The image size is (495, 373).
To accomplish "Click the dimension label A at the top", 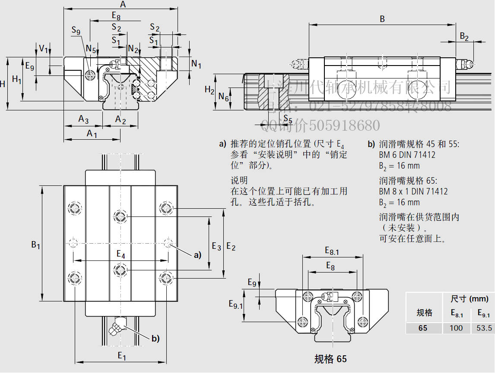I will (x=123, y=5).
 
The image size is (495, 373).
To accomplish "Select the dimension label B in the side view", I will (x=382, y=19).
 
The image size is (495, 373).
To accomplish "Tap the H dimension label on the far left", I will (x=3, y=84).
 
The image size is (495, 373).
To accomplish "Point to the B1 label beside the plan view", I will (x=35, y=245).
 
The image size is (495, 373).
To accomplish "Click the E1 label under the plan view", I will (x=122, y=356).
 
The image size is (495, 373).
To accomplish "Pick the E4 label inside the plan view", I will (x=121, y=254).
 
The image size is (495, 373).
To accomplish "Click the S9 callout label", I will (x=76, y=31).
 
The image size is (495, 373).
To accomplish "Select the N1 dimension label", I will (x=197, y=64).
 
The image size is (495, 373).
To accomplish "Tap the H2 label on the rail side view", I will (x=209, y=90).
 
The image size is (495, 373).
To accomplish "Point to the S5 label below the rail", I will (x=288, y=119).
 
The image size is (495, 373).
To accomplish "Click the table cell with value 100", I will (x=456, y=328).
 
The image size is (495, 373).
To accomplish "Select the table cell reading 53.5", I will (x=484, y=328).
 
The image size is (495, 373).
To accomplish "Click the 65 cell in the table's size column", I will (x=423, y=328).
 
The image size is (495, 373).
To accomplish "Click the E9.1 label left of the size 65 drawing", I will (x=235, y=304).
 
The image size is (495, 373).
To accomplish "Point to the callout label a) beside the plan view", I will (x=197, y=255).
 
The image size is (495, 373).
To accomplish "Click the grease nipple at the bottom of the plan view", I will (x=117, y=325).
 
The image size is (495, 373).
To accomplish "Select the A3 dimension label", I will (x=83, y=119).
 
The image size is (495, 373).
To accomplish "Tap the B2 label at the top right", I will (x=464, y=37).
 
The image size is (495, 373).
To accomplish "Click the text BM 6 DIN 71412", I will (x=407, y=155).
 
